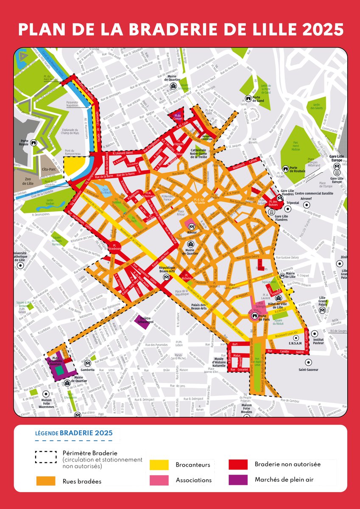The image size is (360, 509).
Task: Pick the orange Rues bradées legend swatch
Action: pos(46,481)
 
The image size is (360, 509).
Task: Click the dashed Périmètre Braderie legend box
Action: pos(46,456)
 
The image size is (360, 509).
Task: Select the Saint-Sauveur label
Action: pos(308,369)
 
